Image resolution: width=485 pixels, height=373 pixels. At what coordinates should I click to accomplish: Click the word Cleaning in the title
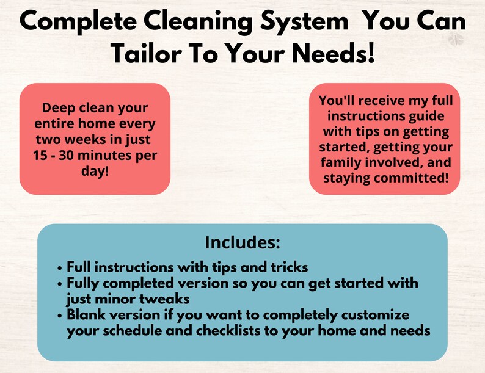(x=190, y=23)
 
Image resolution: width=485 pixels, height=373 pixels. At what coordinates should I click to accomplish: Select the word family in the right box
(x=340, y=162)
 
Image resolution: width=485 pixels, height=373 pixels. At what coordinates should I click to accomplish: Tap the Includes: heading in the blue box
(x=242, y=242)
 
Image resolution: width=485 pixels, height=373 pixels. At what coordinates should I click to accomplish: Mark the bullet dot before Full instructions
(x=59, y=267)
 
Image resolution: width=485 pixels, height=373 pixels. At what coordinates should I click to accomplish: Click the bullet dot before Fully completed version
(x=59, y=283)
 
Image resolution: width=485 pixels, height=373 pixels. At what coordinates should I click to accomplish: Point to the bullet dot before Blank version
(x=59, y=315)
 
